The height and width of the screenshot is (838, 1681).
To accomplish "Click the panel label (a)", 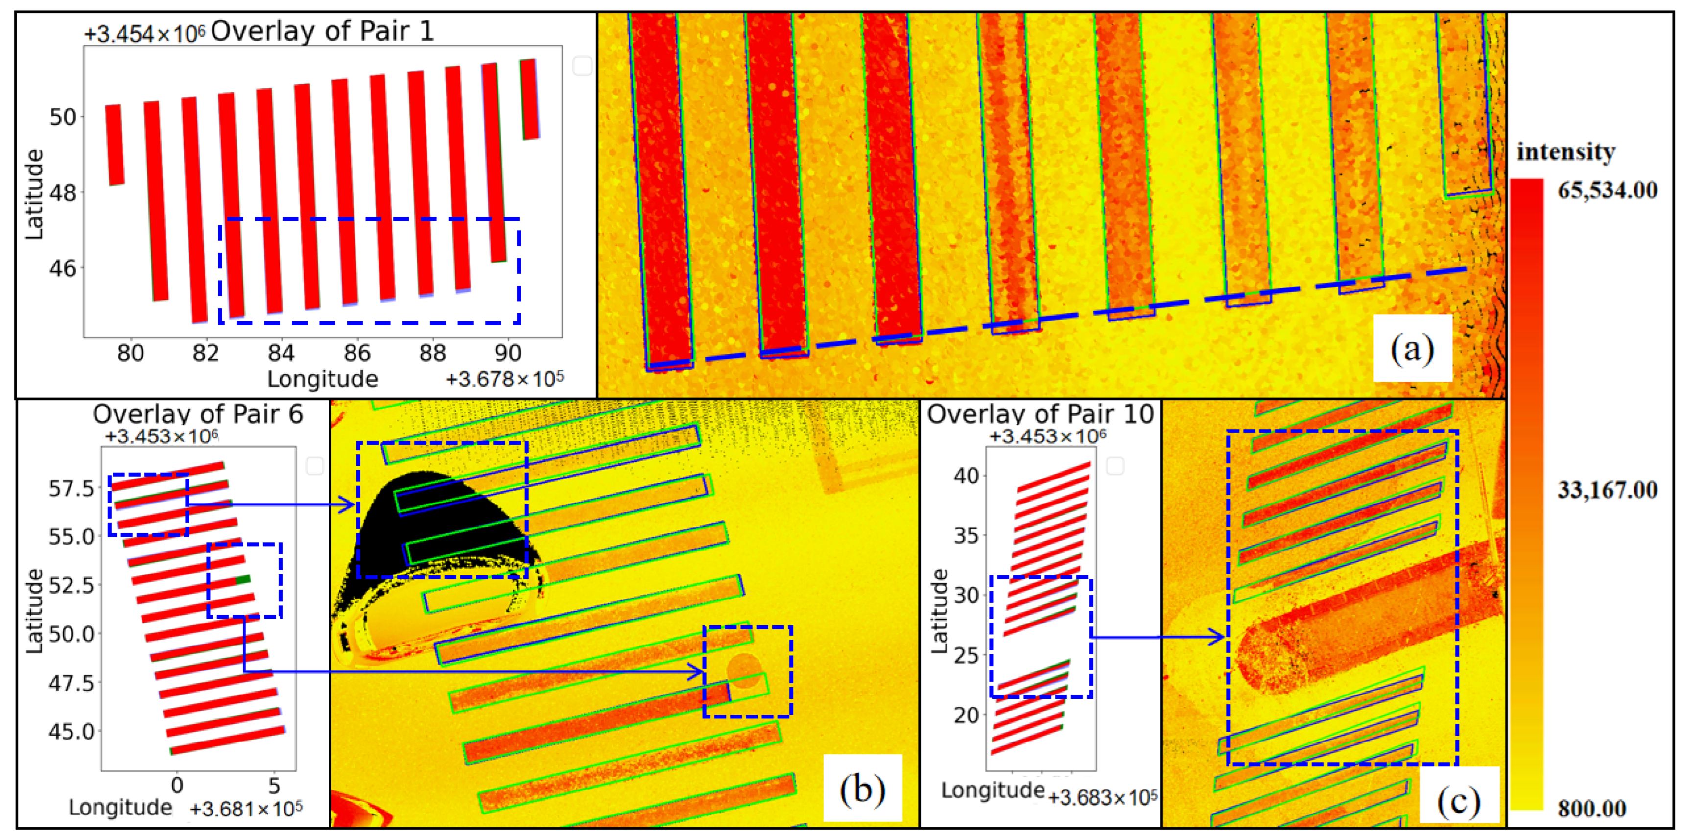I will point(1412,349).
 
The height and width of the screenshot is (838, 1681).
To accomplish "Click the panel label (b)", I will point(862,789).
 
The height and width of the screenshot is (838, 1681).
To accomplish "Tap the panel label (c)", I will point(1458,801).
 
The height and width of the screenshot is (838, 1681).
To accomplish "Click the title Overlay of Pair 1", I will point(322,31).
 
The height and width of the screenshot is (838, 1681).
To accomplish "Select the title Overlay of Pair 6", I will point(198,414).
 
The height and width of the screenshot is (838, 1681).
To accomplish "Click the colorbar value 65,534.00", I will point(1607,191).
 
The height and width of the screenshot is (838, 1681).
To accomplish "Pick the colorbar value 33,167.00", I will point(1607,489).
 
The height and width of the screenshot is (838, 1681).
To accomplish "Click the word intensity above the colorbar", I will point(1565,151).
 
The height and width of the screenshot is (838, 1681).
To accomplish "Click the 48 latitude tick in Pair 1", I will point(63,192).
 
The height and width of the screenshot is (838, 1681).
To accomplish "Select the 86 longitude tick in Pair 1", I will point(357,353).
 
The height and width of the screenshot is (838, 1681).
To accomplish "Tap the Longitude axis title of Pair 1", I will point(322,379).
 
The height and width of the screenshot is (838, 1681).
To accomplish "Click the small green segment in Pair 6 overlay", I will point(243,579).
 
